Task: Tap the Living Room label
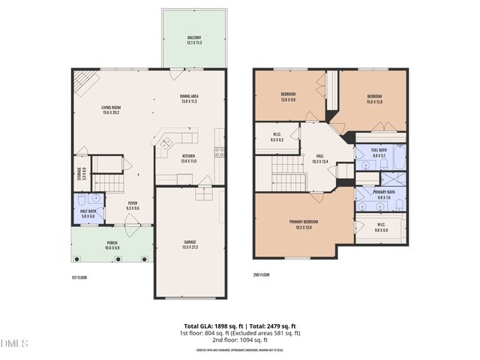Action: click(112, 108)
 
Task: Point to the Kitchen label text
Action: click(188, 157)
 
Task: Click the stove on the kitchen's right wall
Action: click(220, 152)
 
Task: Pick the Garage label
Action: click(190, 242)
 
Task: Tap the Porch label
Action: click(112, 242)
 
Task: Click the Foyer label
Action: click(132, 203)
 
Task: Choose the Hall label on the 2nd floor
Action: click(319, 157)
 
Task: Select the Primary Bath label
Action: click(384, 193)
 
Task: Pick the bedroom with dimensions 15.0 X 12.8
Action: click(374, 97)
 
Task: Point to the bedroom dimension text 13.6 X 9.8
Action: click(289, 100)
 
